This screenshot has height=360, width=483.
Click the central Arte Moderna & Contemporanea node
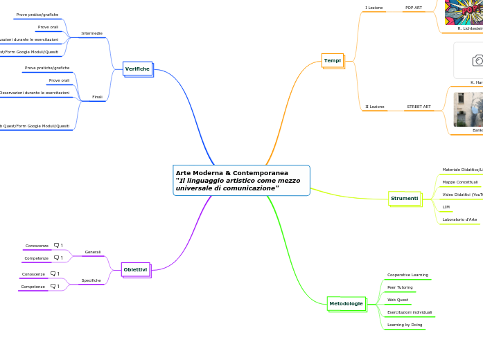click(x=240, y=180)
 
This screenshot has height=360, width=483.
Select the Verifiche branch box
click(x=137, y=69)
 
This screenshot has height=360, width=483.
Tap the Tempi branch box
click(x=333, y=61)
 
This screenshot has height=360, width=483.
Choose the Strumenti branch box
click(x=404, y=199)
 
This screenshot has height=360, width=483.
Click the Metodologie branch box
click(x=346, y=303)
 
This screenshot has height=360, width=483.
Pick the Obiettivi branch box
click(x=135, y=269)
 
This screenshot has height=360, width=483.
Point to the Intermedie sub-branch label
click(x=91, y=33)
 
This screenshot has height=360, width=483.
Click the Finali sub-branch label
click(x=97, y=97)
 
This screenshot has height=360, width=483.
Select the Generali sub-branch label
click(x=93, y=252)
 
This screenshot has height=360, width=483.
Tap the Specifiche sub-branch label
click(x=91, y=280)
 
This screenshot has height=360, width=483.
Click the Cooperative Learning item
click(x=407, y=275)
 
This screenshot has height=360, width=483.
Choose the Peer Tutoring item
click(x=400, y=287)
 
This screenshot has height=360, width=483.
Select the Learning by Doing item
click(x=405, y=325)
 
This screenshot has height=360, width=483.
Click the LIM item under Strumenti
click(x=446, y=207)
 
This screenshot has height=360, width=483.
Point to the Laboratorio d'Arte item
click(x=459, y=219)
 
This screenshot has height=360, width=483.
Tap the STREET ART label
click(x=419, y=107)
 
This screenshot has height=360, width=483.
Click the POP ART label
click(x=414, y=8)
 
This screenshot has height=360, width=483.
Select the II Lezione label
click(x=375, y=107)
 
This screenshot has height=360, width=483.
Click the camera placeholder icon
click(x=478, y=61)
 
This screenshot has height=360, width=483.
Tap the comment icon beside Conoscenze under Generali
click(x=58, y=245)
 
